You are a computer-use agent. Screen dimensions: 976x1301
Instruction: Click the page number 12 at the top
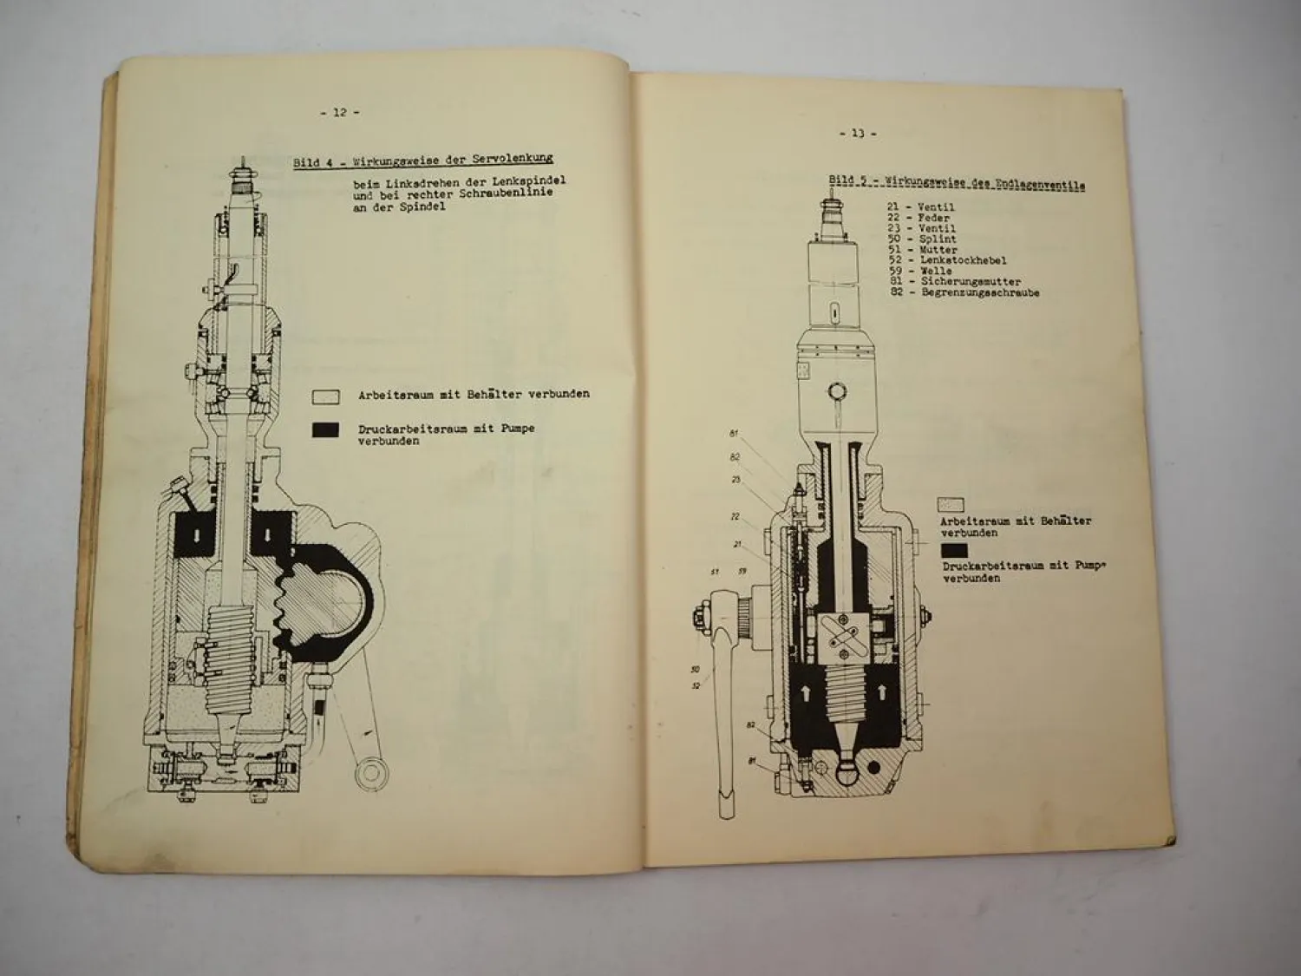(339, 112)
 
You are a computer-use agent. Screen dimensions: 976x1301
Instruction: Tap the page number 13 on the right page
(857, 134)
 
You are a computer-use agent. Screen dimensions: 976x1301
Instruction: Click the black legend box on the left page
(326, 432)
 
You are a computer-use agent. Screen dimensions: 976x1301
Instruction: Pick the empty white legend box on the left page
(326, 396)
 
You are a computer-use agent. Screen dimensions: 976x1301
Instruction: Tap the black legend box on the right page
(953, 550)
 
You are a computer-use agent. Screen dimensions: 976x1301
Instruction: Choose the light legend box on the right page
(951, 504)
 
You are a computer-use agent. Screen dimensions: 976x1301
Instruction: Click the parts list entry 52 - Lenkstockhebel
(946, 260)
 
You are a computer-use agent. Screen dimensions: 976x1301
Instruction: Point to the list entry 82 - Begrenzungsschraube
(964, 293)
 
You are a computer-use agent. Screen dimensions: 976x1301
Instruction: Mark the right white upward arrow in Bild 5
(883, 691)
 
